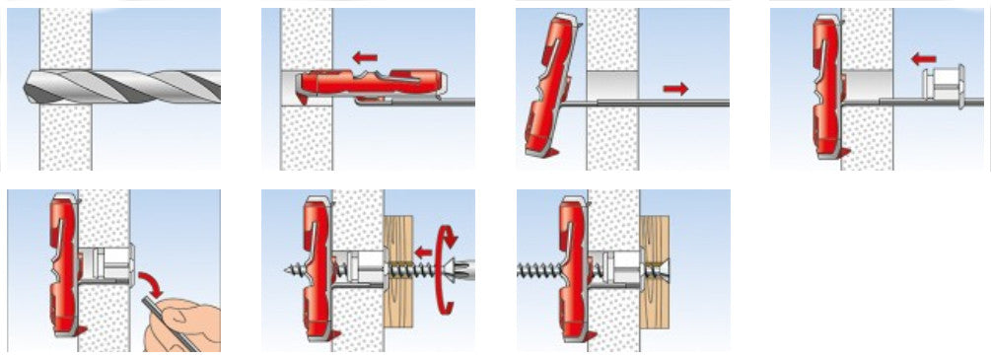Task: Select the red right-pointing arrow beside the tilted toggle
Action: (x=675, y=89)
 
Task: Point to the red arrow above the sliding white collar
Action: (x=923, y=59)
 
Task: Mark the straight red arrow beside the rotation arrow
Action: (x=422, y=251)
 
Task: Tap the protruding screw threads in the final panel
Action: (x=538, y=267)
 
